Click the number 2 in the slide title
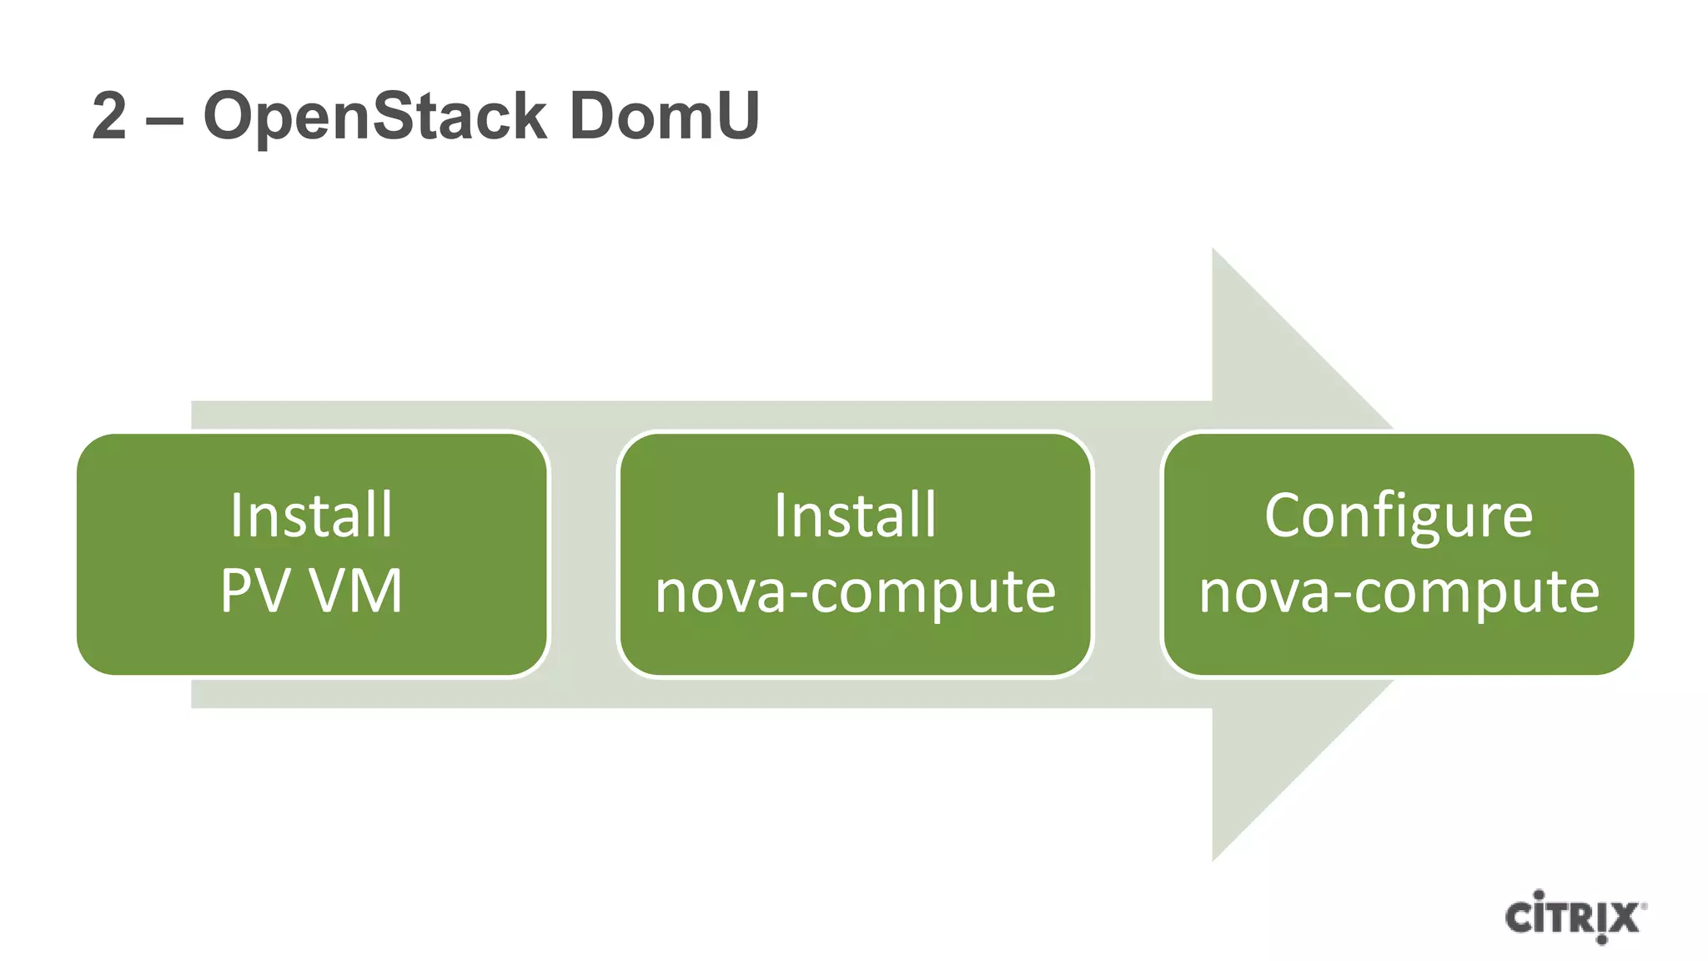coord(109,116)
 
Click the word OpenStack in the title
coord(375,116)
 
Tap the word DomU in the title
coord(664,116)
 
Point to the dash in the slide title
coord(164,119)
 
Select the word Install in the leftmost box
coord(311,515)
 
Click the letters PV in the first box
coord(254,591)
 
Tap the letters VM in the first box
coord(356,591)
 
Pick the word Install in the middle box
coord(855,515)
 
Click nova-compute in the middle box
coord(855,592)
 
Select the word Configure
coord(1399,516)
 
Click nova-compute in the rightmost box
coord(1399,592)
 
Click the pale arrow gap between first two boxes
coord(583,554)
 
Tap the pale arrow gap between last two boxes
coord(1127,554)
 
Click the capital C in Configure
coord(1284,515)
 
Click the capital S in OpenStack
coord(394,116)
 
